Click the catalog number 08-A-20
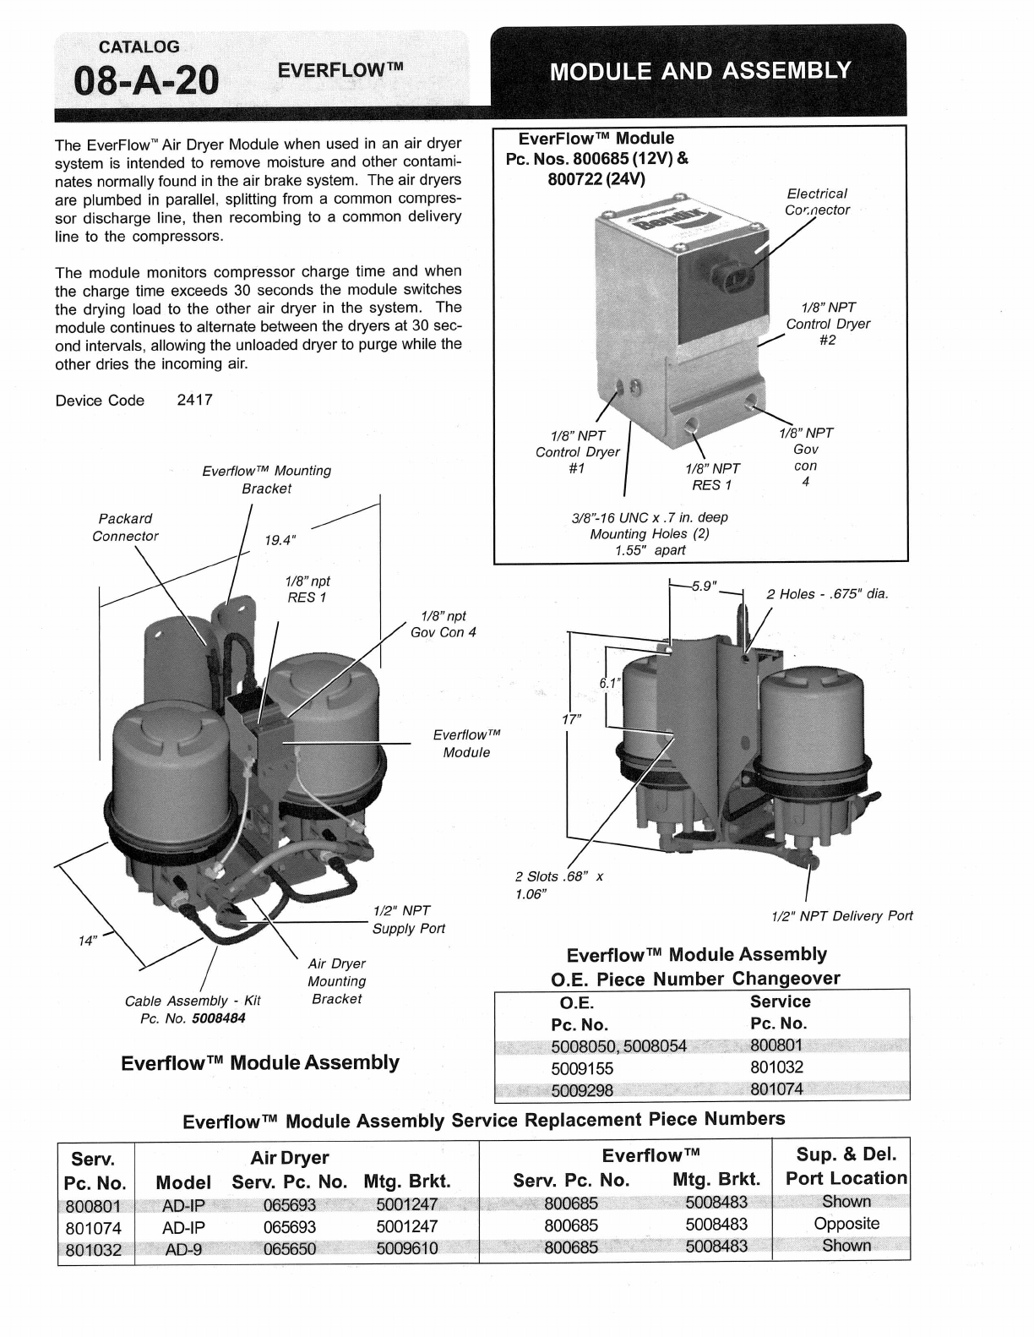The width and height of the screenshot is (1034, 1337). (x=146, y=81)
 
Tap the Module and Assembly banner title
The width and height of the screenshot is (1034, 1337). (x=699, y=70)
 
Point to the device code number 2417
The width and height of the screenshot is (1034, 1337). (x=194, y=401)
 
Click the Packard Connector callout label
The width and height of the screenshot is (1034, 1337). (x=125, y=527)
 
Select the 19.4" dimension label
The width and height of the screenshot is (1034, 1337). (x=280, y=539)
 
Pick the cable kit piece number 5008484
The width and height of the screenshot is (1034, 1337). (x=218, y=1018)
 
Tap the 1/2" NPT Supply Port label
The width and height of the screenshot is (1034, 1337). (x=408, y=920)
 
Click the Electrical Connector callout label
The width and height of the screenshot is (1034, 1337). (x=817, y=202)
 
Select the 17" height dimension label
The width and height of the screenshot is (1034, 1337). (x=573, y=719)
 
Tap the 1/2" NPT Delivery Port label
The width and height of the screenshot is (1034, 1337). (x=842, y=916)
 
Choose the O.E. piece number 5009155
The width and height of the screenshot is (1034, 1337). (x=582, y=1068)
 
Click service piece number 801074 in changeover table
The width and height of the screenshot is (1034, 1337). (x=776, y=1089)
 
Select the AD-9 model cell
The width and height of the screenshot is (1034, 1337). (x=183, y=1247)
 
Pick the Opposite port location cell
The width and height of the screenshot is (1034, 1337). (x=846, y=1224)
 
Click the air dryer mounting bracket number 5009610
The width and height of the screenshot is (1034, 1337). (x=407, y=1247)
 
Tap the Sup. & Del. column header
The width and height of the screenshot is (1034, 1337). (x=846, y=1154)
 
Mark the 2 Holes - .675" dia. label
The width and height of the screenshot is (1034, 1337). (x=827, y=594)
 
